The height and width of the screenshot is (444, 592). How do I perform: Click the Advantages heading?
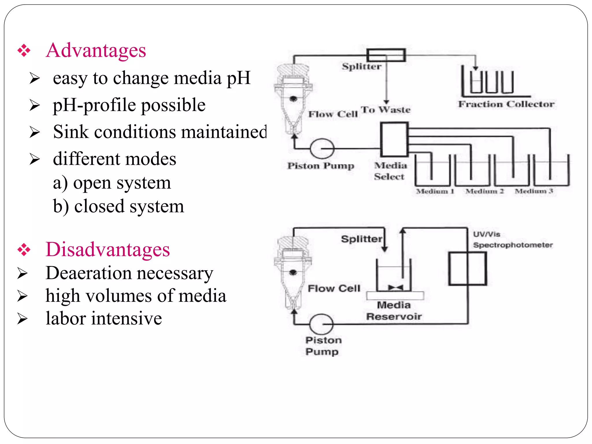tap(96, 50)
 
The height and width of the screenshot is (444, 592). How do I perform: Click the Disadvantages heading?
tap(108, 249)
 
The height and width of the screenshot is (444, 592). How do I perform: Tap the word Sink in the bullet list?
tap(71, 132)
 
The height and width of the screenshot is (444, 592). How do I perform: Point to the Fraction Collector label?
tap(506, 104)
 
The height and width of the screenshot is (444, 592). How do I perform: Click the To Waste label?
tap(386, 110)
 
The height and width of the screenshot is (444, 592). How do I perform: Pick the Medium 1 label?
tap(435, 191)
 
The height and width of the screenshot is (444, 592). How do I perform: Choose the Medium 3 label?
tap(534, 191)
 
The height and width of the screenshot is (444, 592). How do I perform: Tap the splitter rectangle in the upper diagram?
tap(386, 55)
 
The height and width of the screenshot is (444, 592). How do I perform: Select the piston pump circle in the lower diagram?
tap(321, 324)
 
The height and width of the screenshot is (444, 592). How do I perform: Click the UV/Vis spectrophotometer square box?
tap(467, 269)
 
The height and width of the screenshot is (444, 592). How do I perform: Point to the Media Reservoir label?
tap(394, 311)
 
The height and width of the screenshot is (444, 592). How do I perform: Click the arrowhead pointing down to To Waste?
tap(386, 101)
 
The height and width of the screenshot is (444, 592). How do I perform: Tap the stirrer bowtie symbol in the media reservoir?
tap(395, 288)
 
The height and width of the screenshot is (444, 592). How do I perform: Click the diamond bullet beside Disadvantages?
tap(24, 250)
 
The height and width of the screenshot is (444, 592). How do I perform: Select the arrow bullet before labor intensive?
tap(22, 319)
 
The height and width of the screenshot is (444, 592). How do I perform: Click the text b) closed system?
tap(118, 206)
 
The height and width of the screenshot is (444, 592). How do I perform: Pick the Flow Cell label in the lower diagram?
tap(334, 288)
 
